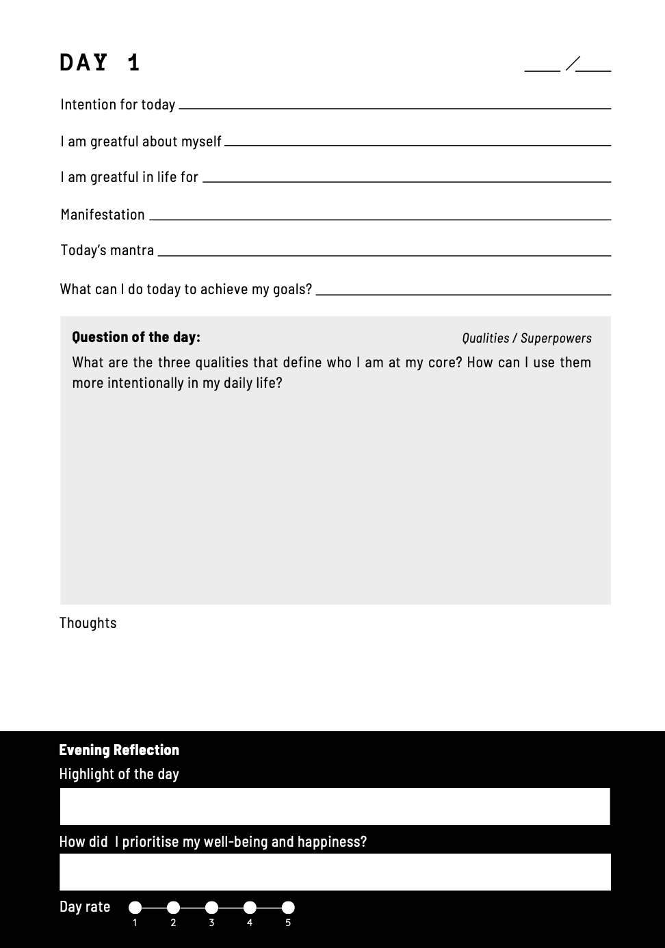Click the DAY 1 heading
[x=100, y=63]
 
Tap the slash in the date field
[x=573, y=64]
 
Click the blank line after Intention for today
[x=394, y=107]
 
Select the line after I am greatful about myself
[x=417, y=144]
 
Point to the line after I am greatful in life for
[x=406, y=181]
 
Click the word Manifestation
[x=103, y=215]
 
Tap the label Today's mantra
[x=107, y=250]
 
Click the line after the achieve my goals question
[x=463, y=294]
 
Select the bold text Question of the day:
[x=136, y=337]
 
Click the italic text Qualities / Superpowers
[x=527, y=338]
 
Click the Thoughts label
[x=88, y=623]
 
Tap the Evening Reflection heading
[x=119, y=750]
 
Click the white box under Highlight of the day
[x=335, y=806]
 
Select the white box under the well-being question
[x=335, y=872]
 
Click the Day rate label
[x=85, y=907]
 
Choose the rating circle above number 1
[x=135, y=908]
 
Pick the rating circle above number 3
[x=212, y=908]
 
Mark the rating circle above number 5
[x=288, y=908]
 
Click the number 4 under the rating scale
[x=250, y=923]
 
